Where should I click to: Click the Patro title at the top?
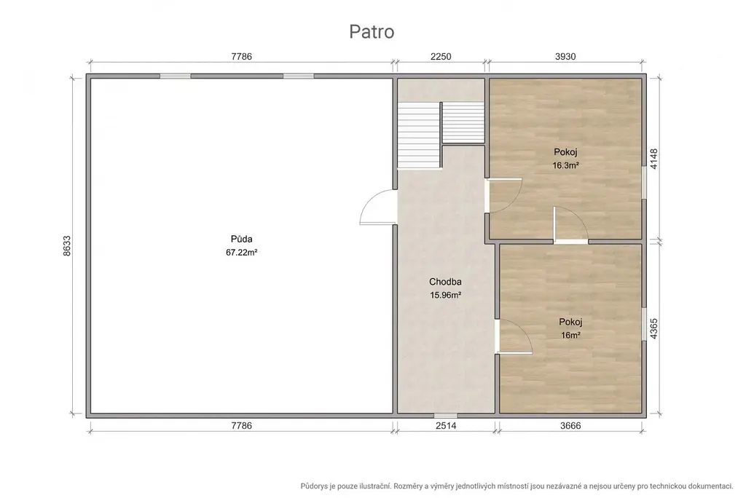click(x=372, y=32)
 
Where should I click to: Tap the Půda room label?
click(x=242, y=239)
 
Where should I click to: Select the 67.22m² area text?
click(x=242, y=253)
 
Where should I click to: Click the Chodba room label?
click(x=445, y=282)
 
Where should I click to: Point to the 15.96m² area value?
click(x=445, y=295)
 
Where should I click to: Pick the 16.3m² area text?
click(x=565, y=165)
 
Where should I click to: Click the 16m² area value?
click(x=570, y=336)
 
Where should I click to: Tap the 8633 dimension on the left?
click(x=67, y=246)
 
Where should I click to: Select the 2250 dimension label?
click(x=441, y=57)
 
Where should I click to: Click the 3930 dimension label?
click(x=565, y=57)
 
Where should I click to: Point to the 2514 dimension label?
click(x=446, y=426)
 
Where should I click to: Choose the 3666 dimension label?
click(x=570, y=426)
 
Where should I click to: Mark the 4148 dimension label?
click(x=654, y=159)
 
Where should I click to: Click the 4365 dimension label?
click(x=654, y=328)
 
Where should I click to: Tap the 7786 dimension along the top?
click(x=242, y=57)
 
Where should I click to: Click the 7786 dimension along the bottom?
click(x=242, y=426)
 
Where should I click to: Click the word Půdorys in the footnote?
click(x=313, y=486)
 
